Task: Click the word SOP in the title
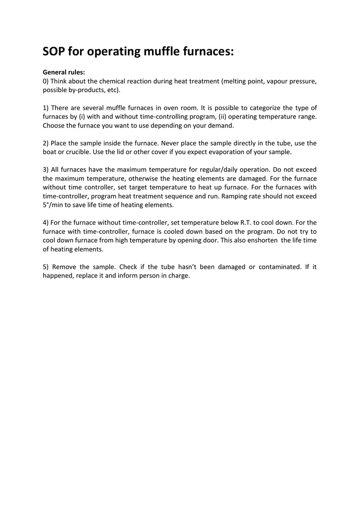(x=54, y=52)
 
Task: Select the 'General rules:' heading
(x=64, y=72)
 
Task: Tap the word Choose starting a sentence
(x=54, y=126)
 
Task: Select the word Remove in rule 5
(x=64, y=267)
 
